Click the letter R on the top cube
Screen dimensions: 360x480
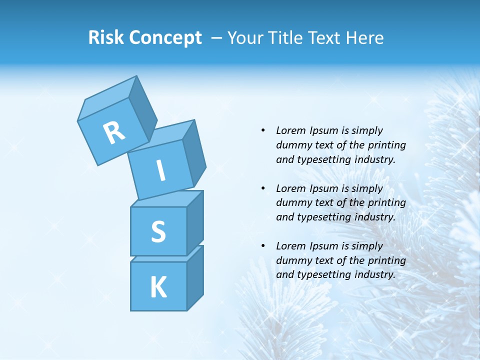point(114,133)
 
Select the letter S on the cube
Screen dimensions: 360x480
point(158,231)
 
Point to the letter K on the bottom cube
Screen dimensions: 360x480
point(158,287)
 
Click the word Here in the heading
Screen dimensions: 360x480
point(365,37)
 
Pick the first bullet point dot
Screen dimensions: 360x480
point(263,130)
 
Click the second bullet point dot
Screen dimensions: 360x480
point(263,188)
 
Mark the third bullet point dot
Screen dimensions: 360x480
point(263,246)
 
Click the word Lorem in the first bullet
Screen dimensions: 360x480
point(290,130)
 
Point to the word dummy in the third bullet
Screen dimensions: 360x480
point(292,260)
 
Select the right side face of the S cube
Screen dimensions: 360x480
point(195,222)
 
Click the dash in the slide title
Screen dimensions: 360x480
point(217,38)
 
